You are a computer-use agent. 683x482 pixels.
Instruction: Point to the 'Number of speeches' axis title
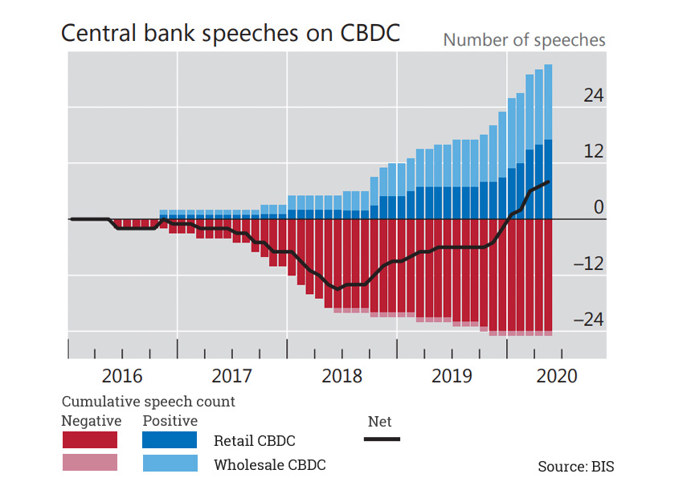click(x=524, y=39)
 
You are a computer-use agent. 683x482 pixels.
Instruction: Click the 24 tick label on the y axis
click(x=593, y=96)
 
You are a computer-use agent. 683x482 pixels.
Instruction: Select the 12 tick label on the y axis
click(x=593, y=152)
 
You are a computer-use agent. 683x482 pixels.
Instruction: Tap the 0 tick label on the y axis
click(x=598, y=207)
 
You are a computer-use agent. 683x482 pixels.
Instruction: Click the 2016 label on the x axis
click(x=122, y=376)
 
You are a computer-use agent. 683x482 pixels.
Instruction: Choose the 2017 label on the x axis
click(x=232, y=376)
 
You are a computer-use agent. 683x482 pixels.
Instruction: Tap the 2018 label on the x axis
click(x=341, y=376)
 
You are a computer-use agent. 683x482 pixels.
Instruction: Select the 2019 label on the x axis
click(x=452, y=376)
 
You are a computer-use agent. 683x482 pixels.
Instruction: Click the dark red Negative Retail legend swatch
click(x=90, y=440)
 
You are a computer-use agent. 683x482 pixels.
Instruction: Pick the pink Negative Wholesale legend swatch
click(x=90, y=463)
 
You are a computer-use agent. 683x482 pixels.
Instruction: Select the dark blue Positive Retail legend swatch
click(x=170, y=440)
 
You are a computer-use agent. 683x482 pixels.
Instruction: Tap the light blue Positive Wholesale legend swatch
click(x=170, y=463)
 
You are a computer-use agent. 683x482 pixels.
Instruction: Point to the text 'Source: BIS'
click(x=575, y=466)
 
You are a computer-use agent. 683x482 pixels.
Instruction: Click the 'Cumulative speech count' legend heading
click(x=149, y=402)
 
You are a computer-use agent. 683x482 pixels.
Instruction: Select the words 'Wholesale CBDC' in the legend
click(x=269, y=464)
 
